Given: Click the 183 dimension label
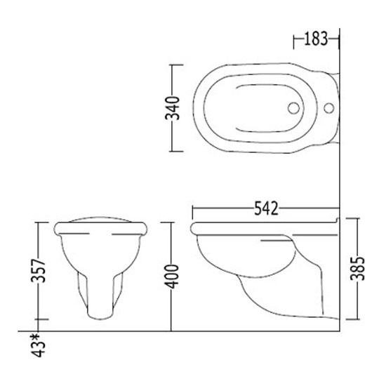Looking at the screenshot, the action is pyautogui.click(x=316, y=39).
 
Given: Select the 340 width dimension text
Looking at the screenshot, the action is pyautogui.click(x=173, y=108).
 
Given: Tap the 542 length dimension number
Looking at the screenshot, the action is pyautogui.click(x=266, y=208).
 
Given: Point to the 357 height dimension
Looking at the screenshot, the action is pyautogui.click(x=38, y=270).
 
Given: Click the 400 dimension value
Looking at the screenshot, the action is pyautogui.click(x=171, y=277).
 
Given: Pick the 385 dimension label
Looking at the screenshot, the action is pyautogui.click(x=357, y=268).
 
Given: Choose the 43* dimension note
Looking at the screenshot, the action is pyautogui.click(x=38, y=345).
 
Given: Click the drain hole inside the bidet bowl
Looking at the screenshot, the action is pyautogui.click(x=293, y=108).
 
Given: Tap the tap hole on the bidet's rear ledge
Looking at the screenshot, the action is pyautogui.click(x=328, y=108).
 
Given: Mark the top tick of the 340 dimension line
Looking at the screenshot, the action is pyautogui.click(x=177, y=65).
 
